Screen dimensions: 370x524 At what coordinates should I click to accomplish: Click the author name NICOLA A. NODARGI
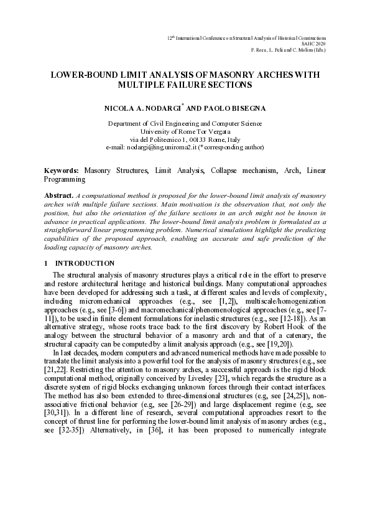click(141, 108)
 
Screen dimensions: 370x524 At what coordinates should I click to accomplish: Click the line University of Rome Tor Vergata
click(185, 131)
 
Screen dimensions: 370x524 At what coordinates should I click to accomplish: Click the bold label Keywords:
click(61, 170)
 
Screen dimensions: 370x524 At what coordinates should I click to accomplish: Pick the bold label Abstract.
click(58, 195)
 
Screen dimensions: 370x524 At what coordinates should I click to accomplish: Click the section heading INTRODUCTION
click(85, 263)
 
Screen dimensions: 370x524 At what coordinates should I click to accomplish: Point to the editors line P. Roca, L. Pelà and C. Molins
click(288, 50)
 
